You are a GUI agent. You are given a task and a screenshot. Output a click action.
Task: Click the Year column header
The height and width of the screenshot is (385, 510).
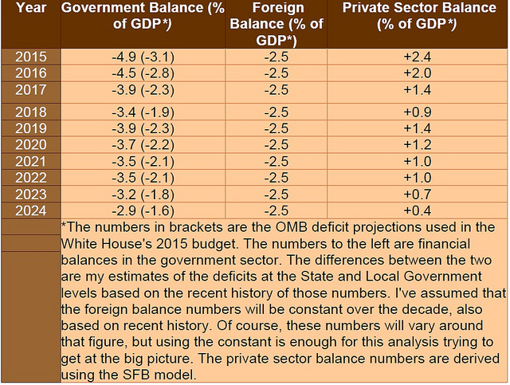31,8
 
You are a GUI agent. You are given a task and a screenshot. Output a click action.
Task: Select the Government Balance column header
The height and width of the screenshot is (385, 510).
143,16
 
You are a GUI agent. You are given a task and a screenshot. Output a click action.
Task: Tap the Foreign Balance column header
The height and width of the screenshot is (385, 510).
277,24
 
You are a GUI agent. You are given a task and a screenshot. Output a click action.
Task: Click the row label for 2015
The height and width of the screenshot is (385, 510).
31,57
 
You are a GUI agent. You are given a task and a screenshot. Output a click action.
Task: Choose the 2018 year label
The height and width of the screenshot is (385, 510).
31,112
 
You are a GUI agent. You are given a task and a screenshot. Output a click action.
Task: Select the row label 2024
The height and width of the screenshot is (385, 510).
31,211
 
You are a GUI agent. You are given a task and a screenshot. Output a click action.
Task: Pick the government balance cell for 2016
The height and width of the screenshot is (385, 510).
143,73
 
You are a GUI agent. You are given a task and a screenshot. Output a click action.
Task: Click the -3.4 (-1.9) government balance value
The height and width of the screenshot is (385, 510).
143,112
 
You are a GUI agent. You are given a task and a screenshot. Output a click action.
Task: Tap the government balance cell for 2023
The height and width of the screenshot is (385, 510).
143,194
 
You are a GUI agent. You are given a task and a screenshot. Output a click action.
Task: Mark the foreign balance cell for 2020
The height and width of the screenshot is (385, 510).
277,145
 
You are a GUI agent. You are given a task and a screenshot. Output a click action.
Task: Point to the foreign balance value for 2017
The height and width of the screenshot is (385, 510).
277,90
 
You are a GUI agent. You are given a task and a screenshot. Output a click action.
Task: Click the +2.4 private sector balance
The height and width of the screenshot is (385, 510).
418,57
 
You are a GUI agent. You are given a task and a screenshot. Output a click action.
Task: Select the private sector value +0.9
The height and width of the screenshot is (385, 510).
418,112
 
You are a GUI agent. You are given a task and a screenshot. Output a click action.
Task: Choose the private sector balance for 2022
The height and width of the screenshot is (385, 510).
418,178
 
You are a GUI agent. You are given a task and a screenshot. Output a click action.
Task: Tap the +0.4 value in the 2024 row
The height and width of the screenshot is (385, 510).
418,211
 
